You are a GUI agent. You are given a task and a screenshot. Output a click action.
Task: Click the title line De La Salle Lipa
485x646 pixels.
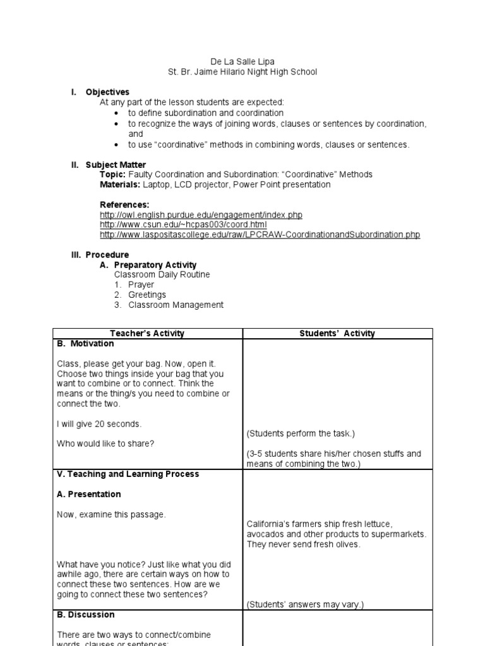(242, 62)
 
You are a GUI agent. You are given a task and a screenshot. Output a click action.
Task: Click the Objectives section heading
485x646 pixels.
(107, 92)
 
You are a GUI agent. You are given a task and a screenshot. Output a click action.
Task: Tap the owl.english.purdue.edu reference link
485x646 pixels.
(201, 214)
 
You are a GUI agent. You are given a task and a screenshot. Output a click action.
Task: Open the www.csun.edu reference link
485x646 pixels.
(183, 225)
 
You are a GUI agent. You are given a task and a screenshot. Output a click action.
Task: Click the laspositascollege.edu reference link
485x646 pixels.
(260, 235)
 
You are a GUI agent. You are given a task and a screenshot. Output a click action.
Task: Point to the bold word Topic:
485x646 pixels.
(113, 174)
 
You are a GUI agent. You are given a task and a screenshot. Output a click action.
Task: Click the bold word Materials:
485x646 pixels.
(120, 184)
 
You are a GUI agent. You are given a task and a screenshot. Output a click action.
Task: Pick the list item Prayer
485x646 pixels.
(141, 285)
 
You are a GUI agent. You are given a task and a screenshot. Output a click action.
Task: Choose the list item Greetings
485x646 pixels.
(147, 295)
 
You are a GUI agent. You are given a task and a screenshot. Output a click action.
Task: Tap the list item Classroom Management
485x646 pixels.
(176, 305)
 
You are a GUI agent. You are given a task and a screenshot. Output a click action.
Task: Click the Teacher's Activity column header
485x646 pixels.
(147, 334)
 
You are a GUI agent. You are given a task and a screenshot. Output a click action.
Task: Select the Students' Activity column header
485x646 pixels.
(337, 334)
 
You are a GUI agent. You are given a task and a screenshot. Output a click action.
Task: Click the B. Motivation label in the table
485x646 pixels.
(85, 344)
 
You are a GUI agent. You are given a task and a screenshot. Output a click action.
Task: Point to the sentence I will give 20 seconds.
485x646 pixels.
(99, 423)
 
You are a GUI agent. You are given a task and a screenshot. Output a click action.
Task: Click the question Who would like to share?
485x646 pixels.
(105, 443)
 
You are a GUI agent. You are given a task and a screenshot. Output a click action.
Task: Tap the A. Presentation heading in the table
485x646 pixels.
(88, 494)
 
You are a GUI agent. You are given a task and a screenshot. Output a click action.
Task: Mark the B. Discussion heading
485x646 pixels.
(86, 614)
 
